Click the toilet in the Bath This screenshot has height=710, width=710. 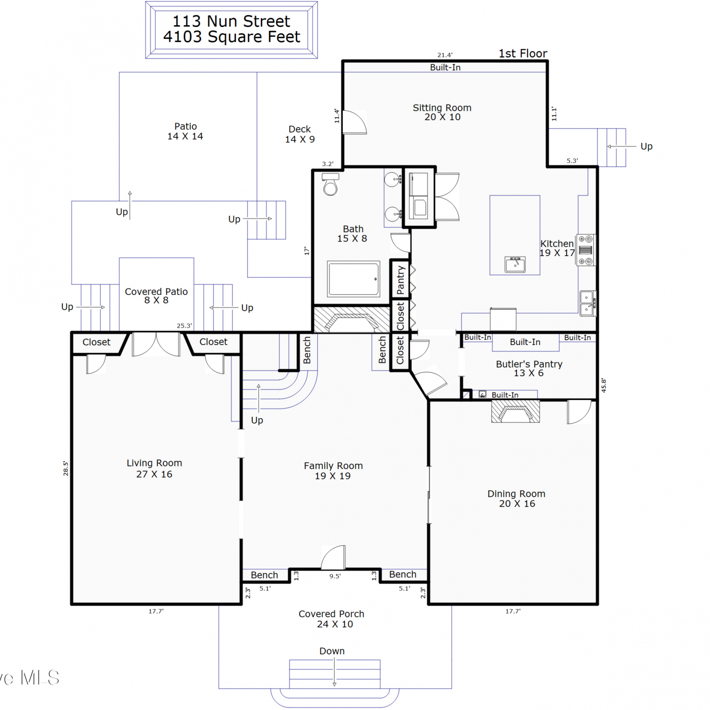330,184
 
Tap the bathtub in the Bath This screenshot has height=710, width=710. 354,279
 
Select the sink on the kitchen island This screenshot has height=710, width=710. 515,264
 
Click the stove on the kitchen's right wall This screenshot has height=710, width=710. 586,250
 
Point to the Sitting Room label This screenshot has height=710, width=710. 442,112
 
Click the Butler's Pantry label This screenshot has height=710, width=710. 529,368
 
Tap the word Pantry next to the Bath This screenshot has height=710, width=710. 400,280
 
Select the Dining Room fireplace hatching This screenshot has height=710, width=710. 515,411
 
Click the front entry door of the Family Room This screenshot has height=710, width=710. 333,557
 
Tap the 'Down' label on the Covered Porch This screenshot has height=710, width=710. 332,651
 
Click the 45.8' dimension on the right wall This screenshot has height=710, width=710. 603,385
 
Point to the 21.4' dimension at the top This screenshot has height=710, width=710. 445,55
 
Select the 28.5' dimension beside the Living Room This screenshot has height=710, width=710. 66,469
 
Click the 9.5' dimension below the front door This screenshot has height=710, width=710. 335,576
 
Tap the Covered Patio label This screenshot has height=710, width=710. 156,296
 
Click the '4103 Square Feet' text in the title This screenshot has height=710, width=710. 232,37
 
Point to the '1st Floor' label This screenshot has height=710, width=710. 523,53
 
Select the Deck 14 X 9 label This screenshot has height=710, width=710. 300,134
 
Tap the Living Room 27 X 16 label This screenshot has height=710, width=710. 154,469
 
